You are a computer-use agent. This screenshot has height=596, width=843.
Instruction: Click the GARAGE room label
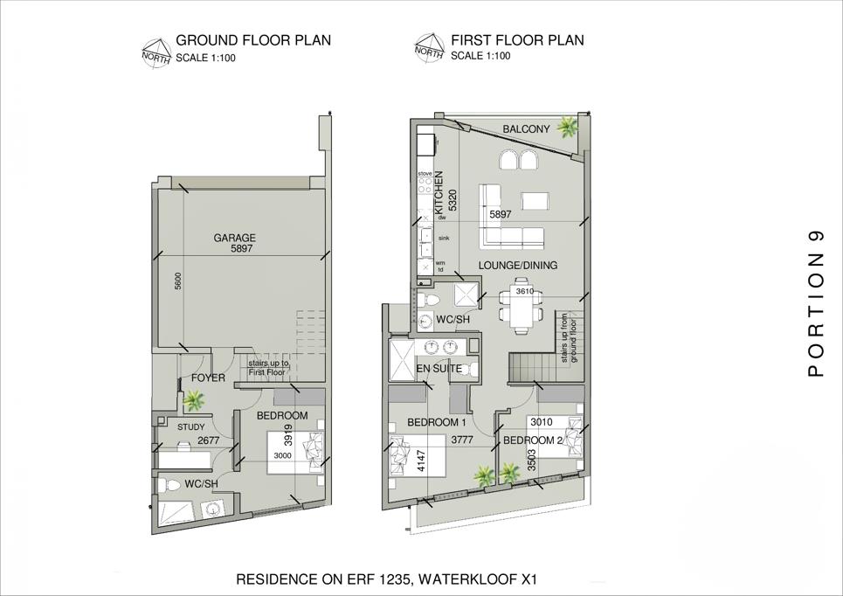(234, 238)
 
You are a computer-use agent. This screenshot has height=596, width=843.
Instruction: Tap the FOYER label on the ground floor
(208, 378)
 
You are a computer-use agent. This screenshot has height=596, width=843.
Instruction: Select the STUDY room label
(190, 427)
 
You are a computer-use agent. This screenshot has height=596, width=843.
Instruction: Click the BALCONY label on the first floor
(527, 129)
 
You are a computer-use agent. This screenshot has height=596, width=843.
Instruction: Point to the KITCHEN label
(439, 191)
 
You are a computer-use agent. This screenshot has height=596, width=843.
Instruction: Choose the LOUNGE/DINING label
(518, 265)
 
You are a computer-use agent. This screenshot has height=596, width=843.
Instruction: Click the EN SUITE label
(439, 369)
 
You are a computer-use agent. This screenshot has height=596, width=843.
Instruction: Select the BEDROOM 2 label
(533, 440)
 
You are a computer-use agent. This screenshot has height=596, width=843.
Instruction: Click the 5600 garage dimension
(178, 281)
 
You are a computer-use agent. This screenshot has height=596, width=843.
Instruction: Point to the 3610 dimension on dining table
(525, 292)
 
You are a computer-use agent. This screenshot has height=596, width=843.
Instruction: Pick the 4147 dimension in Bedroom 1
(421, 461)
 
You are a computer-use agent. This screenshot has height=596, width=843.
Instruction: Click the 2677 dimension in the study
(209, 440)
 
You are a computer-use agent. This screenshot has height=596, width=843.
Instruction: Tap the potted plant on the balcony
(567, 128)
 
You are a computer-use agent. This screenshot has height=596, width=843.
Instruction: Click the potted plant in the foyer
(194, 400)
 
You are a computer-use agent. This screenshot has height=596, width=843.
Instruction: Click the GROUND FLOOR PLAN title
(253, 40)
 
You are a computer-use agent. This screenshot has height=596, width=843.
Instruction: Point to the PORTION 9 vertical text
(816, 304)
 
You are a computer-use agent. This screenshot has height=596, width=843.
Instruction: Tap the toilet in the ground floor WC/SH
(169, 485)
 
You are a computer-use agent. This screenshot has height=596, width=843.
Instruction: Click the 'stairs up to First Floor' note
(268, 367)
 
